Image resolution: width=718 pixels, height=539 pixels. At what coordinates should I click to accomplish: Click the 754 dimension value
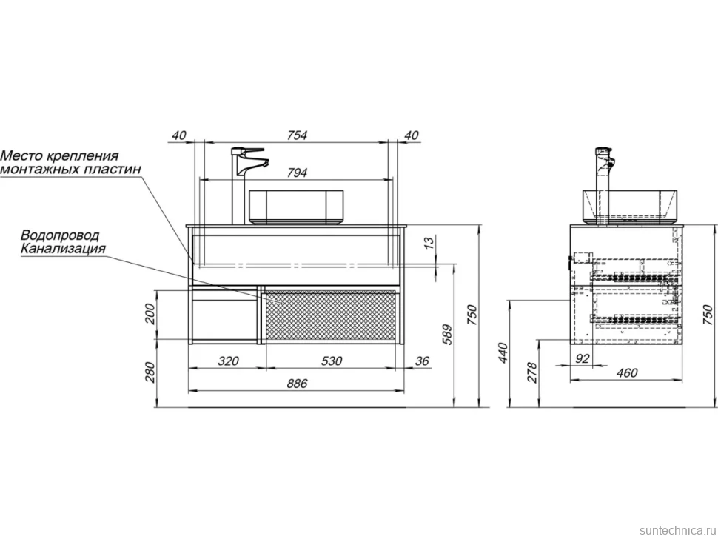click(297, 135)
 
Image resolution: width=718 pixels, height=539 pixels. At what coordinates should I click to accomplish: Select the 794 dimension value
click(297, 173)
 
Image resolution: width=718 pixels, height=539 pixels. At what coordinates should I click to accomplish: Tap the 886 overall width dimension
click(297, 384)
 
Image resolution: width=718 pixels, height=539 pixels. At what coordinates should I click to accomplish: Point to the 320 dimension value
click(227, 361)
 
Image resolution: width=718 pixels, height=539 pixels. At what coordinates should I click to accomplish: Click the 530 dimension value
click(331, 361)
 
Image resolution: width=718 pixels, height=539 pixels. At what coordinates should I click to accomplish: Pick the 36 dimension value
click(422, 361)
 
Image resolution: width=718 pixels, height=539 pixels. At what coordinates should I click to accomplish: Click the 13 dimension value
click(429, 243)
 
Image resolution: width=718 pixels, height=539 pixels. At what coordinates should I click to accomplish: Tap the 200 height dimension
click(150, 314)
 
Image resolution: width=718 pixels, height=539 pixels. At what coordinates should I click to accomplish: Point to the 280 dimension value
click(150, 372)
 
